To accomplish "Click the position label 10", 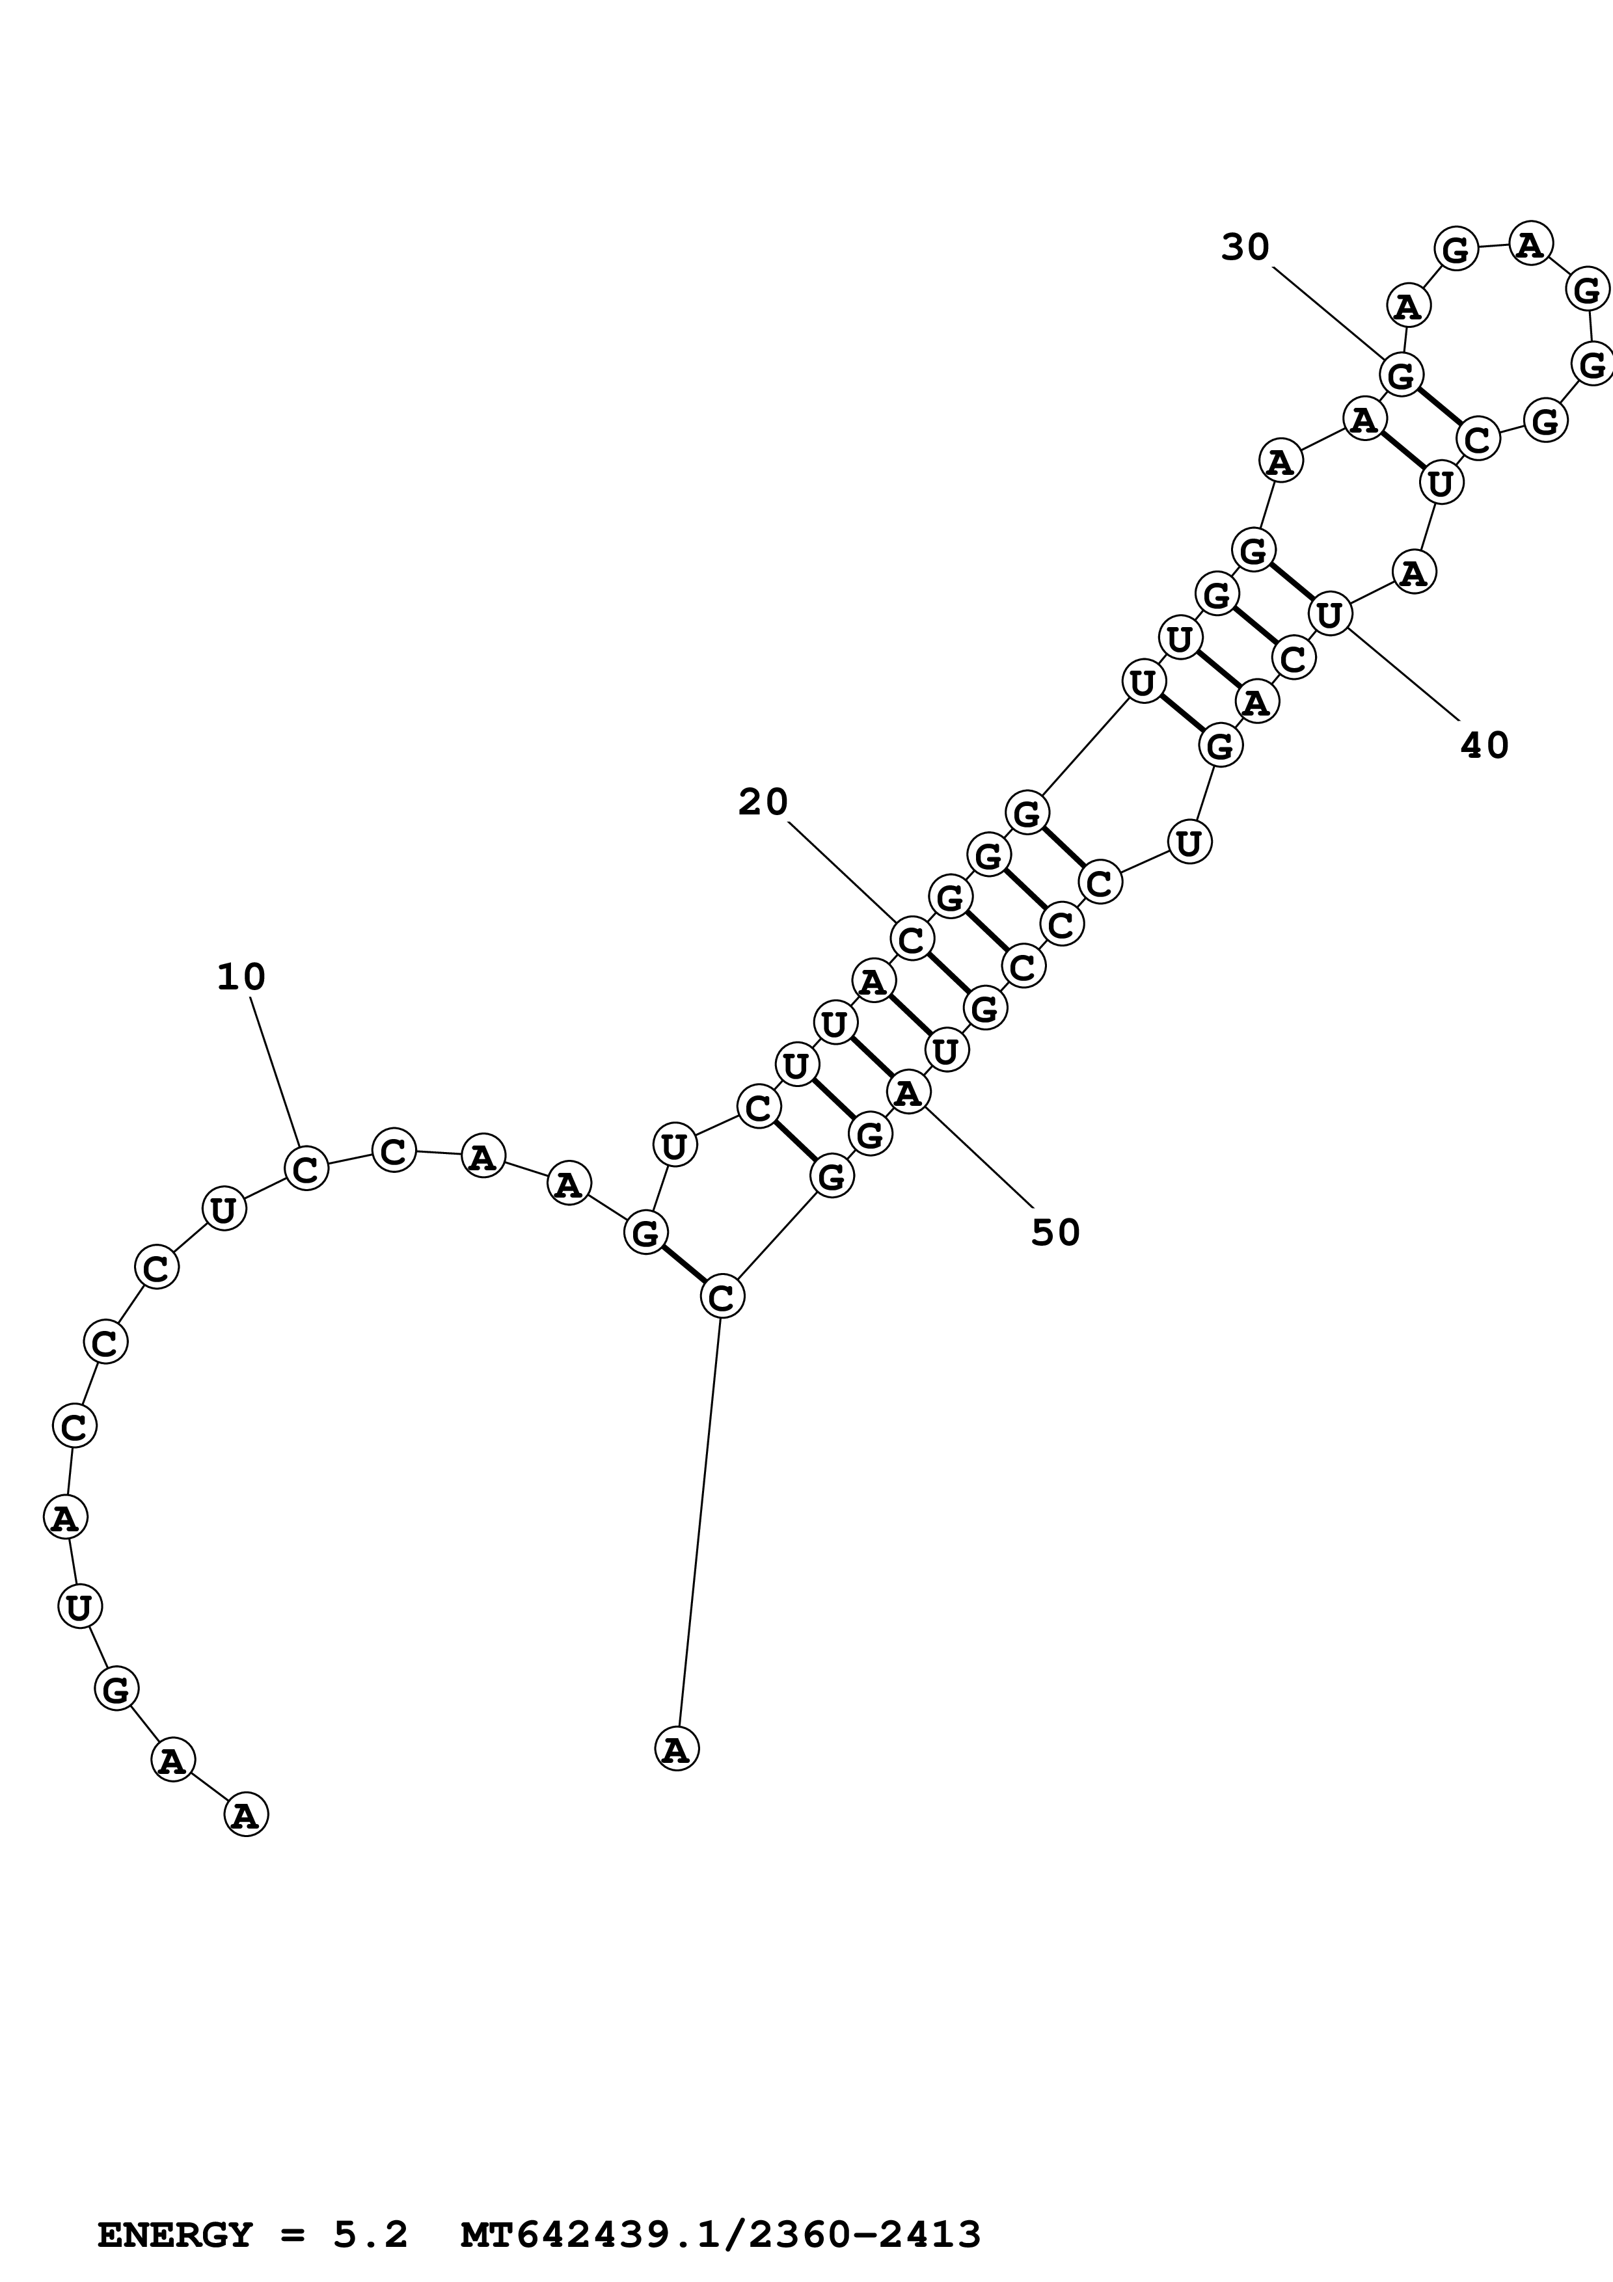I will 241,977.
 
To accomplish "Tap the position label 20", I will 763,802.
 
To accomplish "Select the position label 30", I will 1245,247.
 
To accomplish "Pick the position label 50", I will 1055,1233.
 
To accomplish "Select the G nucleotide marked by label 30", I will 1402,376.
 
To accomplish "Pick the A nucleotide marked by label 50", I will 908,1094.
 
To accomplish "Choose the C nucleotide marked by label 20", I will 912,937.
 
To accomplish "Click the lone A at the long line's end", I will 677,1749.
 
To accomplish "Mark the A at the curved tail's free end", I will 247,1816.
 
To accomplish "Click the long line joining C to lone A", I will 699,1521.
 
